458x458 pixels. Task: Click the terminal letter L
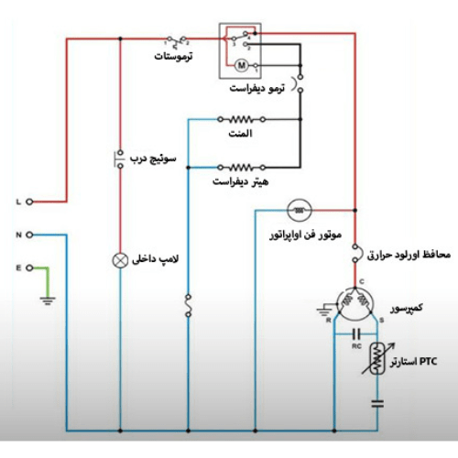tap(18, 201)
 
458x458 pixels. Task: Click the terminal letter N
tap(18, 234)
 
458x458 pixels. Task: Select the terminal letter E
tap(18, 267)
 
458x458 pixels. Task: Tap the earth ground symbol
tap(51, 300)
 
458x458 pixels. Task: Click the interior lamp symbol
tap(119, 258)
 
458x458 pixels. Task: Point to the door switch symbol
tap(119, 158)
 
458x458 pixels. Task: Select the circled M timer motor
tap(242, 64)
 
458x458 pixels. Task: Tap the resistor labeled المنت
tap(241, 119)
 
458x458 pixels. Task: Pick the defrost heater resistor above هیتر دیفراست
tap(241, 167)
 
